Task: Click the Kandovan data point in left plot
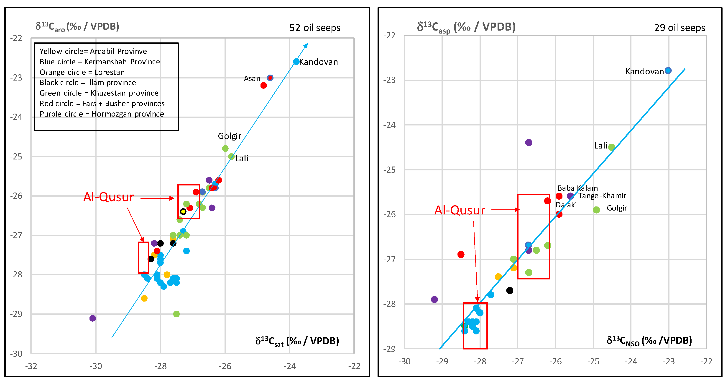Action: point(296,62)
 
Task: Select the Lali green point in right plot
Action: point(611,147)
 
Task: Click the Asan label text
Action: point(252,78)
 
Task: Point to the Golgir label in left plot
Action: point(230,136)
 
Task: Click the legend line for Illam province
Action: point(88,83)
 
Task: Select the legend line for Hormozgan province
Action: point(102,114)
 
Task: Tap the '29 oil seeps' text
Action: point(679,28)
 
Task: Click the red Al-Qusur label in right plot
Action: point(460,210)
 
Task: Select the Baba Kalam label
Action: point(577,188)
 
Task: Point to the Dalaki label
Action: point(566,205)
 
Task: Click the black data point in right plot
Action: point(510,290)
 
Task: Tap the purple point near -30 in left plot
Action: point(93,318)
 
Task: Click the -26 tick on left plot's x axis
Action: point(225,366)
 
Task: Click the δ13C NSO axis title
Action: point(649,341)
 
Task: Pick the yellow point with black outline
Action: point(183,211)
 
